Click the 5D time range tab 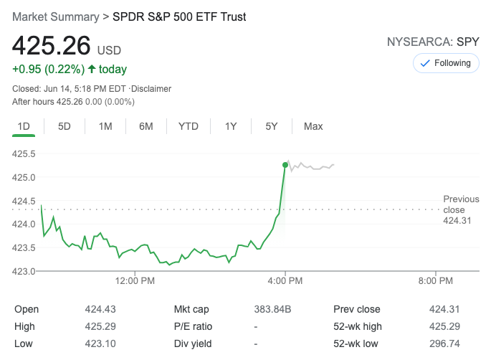point(65,126)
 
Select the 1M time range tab point(105,126)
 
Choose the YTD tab point(189,126)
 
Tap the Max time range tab point(313,126)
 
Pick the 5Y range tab point(272,126)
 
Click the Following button point(446,63)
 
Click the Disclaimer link point(151,89)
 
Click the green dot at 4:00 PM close point(285,165)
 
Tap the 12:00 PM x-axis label point(135,280)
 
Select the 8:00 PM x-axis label point(435,280)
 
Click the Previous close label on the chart point(461,204)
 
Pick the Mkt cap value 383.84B point(273,309)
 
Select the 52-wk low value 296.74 point(444,344)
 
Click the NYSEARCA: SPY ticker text point(432,42)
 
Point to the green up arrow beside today point(92,70)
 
